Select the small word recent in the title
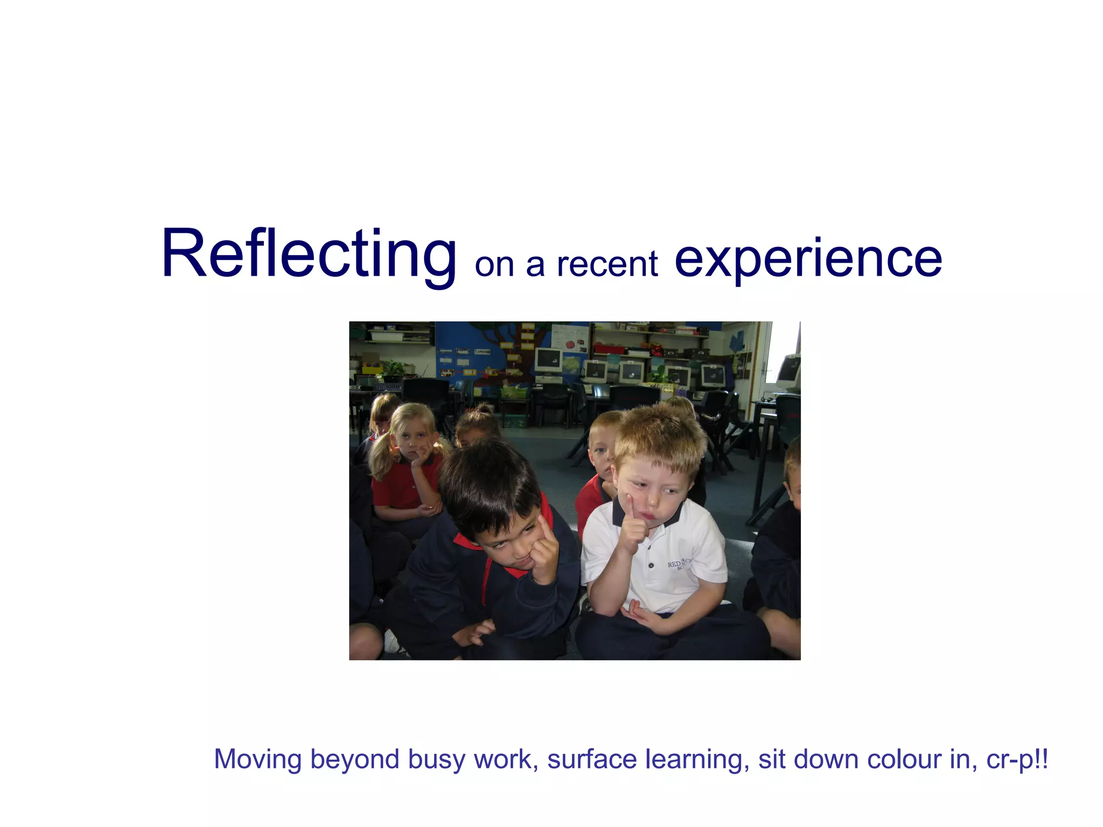[607, 264]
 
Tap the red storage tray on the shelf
[610, 349]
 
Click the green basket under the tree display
[514, 391]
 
